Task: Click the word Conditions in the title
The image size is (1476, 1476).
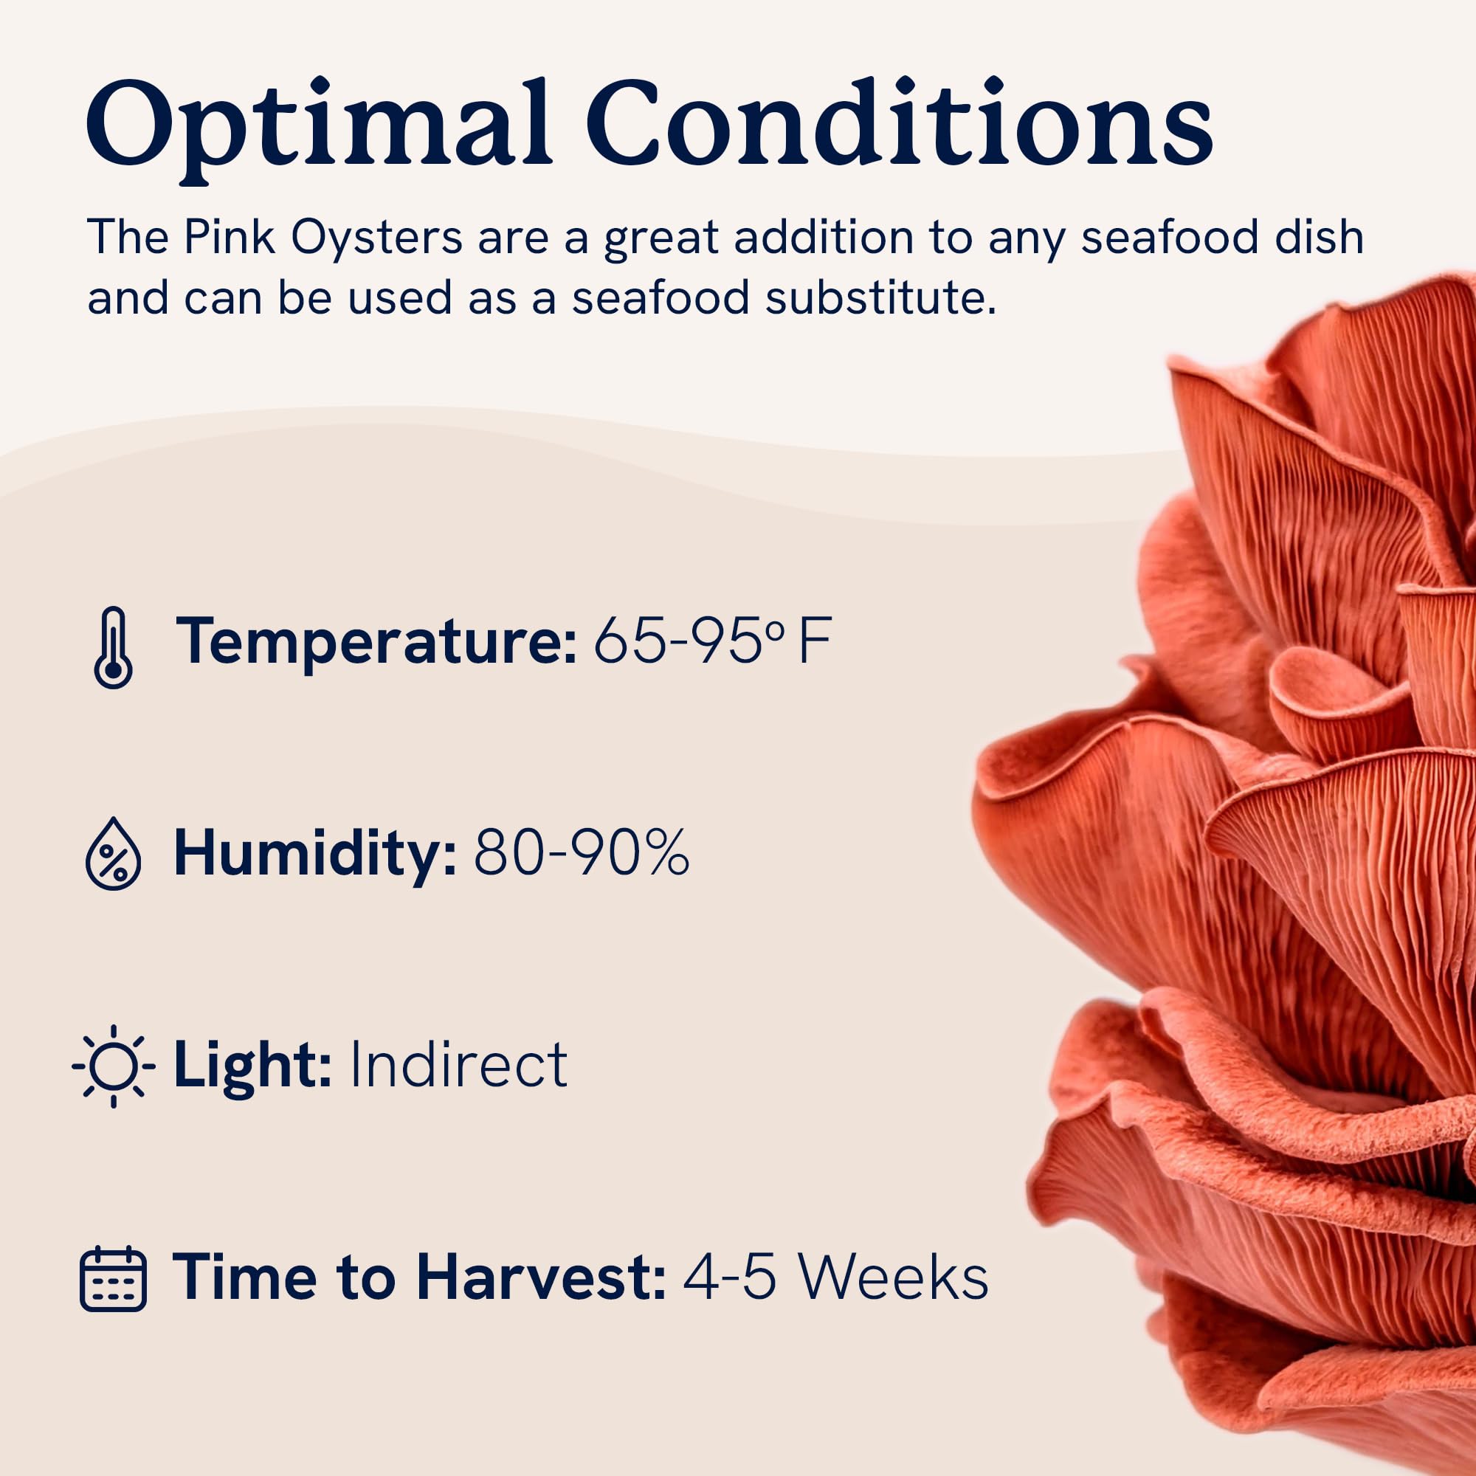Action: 899,122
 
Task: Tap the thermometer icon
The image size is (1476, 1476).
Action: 113,648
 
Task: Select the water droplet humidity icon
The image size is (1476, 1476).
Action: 113,854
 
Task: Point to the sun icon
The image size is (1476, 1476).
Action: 113,1066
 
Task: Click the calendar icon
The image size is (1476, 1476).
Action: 113,1278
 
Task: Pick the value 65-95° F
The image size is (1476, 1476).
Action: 712,640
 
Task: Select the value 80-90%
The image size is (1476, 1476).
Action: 582,852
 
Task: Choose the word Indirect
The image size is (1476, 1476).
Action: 458,1063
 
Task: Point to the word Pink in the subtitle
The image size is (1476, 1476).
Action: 230,238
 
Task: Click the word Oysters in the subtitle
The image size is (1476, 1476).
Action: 377,238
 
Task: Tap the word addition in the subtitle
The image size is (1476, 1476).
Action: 824,238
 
